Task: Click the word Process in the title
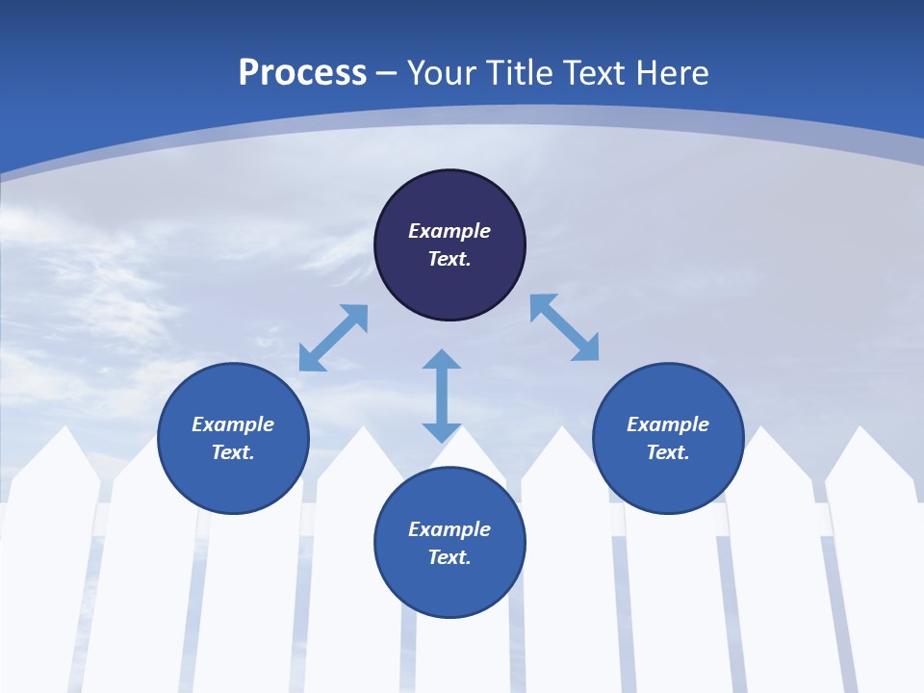pos(302,72)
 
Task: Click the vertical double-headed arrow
pos(442,396)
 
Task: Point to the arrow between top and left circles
pos(333,338)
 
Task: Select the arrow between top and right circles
pos(564,327)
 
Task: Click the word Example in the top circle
pos(449,231)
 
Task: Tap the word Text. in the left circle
pos(233,452)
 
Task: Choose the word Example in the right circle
pos(668,424)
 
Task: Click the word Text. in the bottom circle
pos(449,557)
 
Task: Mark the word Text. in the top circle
pos(449,259)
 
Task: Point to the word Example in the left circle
pos(233,424)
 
